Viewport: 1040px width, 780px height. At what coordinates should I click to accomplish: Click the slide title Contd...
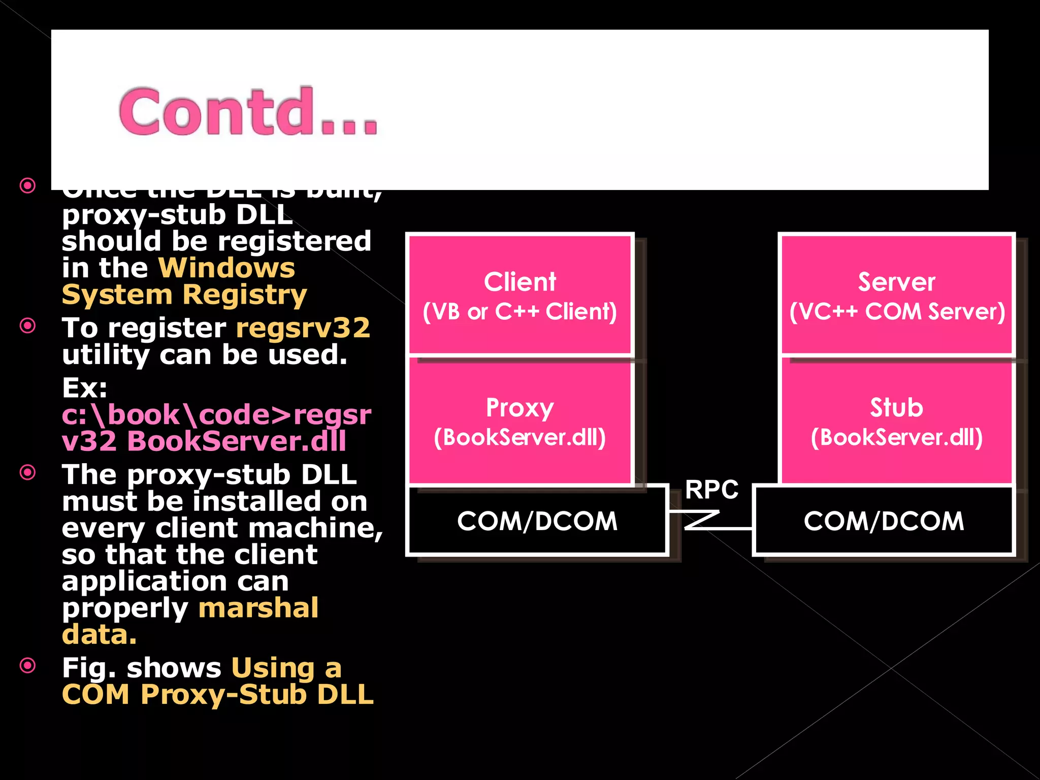pyautogui.click(x=248, y=112)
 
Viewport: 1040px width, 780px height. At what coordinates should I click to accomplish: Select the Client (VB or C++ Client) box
pyautogui.click(x=519, y=295)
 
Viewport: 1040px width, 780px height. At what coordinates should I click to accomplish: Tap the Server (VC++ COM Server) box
pyautogui.click(x=896, y=295)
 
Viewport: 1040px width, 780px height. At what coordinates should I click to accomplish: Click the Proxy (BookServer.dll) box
pyautogui.click(x=519, y=421)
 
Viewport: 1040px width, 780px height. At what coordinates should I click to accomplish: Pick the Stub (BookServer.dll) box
pyautogui.click(x=896, y=421)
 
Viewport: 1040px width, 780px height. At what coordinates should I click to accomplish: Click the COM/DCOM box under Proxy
pyautogui.click(x=537, y=521)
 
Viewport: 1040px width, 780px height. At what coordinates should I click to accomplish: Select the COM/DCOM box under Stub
pyautogui.click(x=884, y=521)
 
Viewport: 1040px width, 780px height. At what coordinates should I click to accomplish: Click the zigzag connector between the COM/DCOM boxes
pyautogui.click(x=703, y=521)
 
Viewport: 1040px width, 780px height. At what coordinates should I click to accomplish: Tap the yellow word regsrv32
pyautogui.click(x=303, y=328)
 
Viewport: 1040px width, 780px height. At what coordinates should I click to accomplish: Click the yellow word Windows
pyautogui.click(x=226, y=268)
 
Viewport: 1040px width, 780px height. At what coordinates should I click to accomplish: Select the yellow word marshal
pyautogui.click(x=258, y=608)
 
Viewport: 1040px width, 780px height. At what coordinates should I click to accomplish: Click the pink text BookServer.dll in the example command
pyautogui.click(x=237, y=441)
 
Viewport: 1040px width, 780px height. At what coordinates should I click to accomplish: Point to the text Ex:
pyautogui.click(x=84, y=388)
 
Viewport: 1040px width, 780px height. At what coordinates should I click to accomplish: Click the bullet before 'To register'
pyautogui.click(x=28, y=326)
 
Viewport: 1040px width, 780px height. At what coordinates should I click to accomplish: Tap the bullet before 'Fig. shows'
pyautogui.click(x=28, y=665)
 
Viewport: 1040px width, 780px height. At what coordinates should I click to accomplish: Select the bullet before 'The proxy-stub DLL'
pyautogui.click(x=28, y=472)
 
